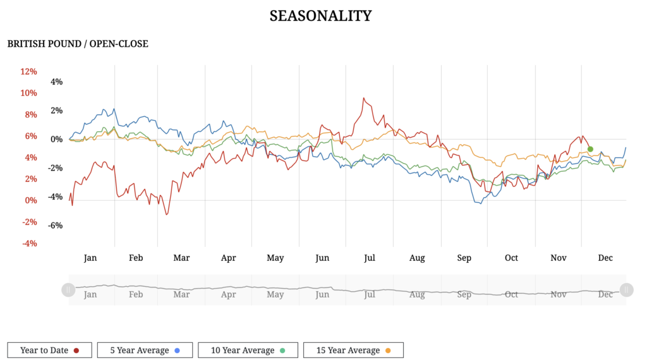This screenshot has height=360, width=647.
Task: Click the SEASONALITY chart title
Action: click(x=320, y=16)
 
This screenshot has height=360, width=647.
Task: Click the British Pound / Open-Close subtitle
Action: click(x=78, y=44)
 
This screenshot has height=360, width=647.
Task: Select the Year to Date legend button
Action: click(x=49, y=350)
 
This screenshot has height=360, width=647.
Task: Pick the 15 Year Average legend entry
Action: click(x=353, y=350)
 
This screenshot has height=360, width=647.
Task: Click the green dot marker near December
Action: click(x=590, y=149)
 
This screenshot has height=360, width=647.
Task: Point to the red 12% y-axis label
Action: click(x=29, y=71)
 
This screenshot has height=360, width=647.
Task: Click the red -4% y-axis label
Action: click(x=29, y=243)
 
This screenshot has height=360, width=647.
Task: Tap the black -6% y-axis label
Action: click(x=57, y=225)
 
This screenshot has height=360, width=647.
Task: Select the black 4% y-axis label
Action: click(x=57, y=81)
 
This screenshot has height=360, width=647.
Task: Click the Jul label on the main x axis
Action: click(x=370, y=258)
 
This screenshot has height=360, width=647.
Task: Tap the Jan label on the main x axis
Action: click(x=90, y=258)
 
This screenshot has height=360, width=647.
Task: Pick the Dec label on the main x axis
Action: click(x=605, y=258)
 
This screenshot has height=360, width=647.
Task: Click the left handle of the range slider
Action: click(x=68, y=290)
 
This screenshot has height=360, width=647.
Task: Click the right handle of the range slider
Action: click(x=626, y=290)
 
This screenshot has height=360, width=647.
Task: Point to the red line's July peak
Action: click(x=363, y=99)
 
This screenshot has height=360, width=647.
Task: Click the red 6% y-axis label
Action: click(x=29, y=136)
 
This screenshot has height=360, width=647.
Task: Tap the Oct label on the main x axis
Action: click(x=511, y=258)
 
